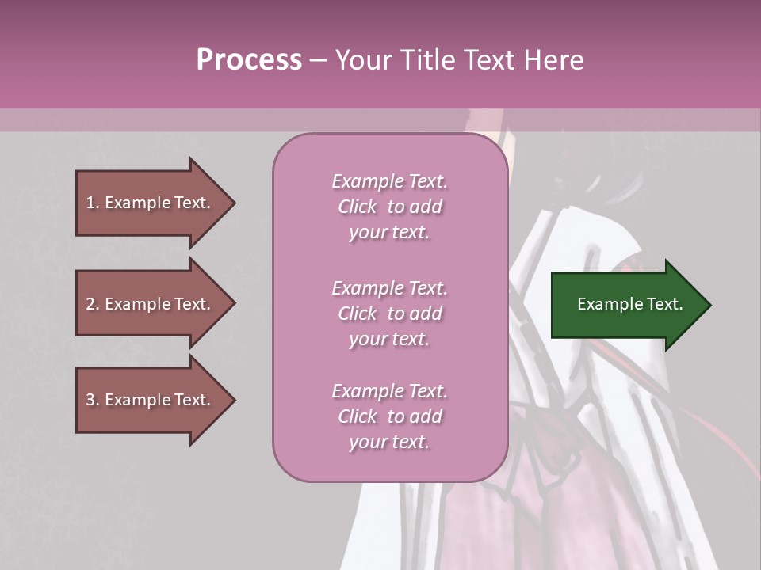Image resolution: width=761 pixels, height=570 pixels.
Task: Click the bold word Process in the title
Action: coord(249,59)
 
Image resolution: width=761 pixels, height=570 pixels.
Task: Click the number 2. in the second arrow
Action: coord(93,304)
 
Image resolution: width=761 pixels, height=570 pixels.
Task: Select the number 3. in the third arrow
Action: coord(93,400)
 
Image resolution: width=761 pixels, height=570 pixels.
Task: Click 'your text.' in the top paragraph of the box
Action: coord(389,233)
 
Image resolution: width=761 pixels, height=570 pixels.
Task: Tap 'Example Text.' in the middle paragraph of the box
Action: coord(389,288)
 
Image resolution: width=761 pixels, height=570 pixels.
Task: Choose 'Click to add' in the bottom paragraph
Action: coord(389,416)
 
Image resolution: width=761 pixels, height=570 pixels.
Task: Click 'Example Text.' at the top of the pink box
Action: coord(389,181)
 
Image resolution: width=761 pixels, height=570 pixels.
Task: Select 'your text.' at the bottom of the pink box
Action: coord(389,442)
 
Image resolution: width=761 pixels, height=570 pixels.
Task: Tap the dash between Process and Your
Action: coord(318,60)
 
